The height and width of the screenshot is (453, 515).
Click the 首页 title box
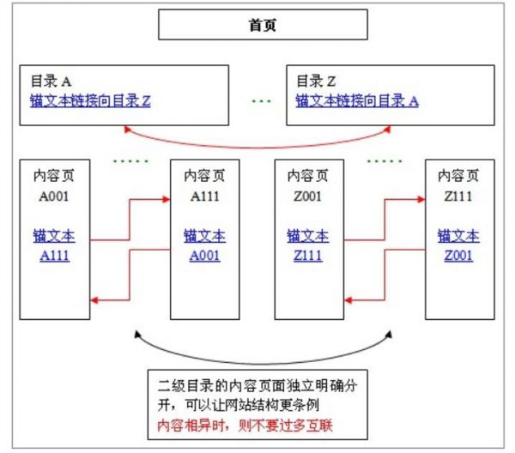(x=262, y=27)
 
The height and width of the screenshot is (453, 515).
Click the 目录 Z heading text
(x=316, y=82)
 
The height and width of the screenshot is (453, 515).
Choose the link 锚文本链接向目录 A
(x=357, y=100)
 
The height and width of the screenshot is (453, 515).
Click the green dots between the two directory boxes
(x=260, y=101)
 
